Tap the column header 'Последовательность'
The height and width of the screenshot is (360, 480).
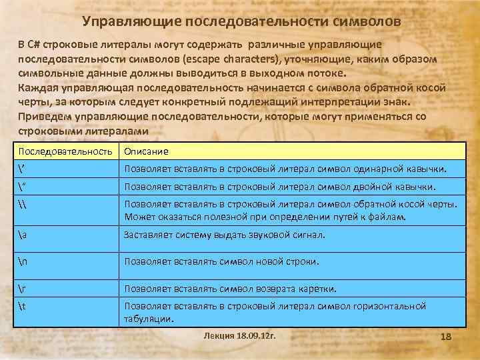point(65,151)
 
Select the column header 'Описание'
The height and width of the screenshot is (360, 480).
point(146,151)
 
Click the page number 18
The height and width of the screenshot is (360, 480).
point(446,338)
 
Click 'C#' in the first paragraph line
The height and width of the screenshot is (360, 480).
point(34,45)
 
